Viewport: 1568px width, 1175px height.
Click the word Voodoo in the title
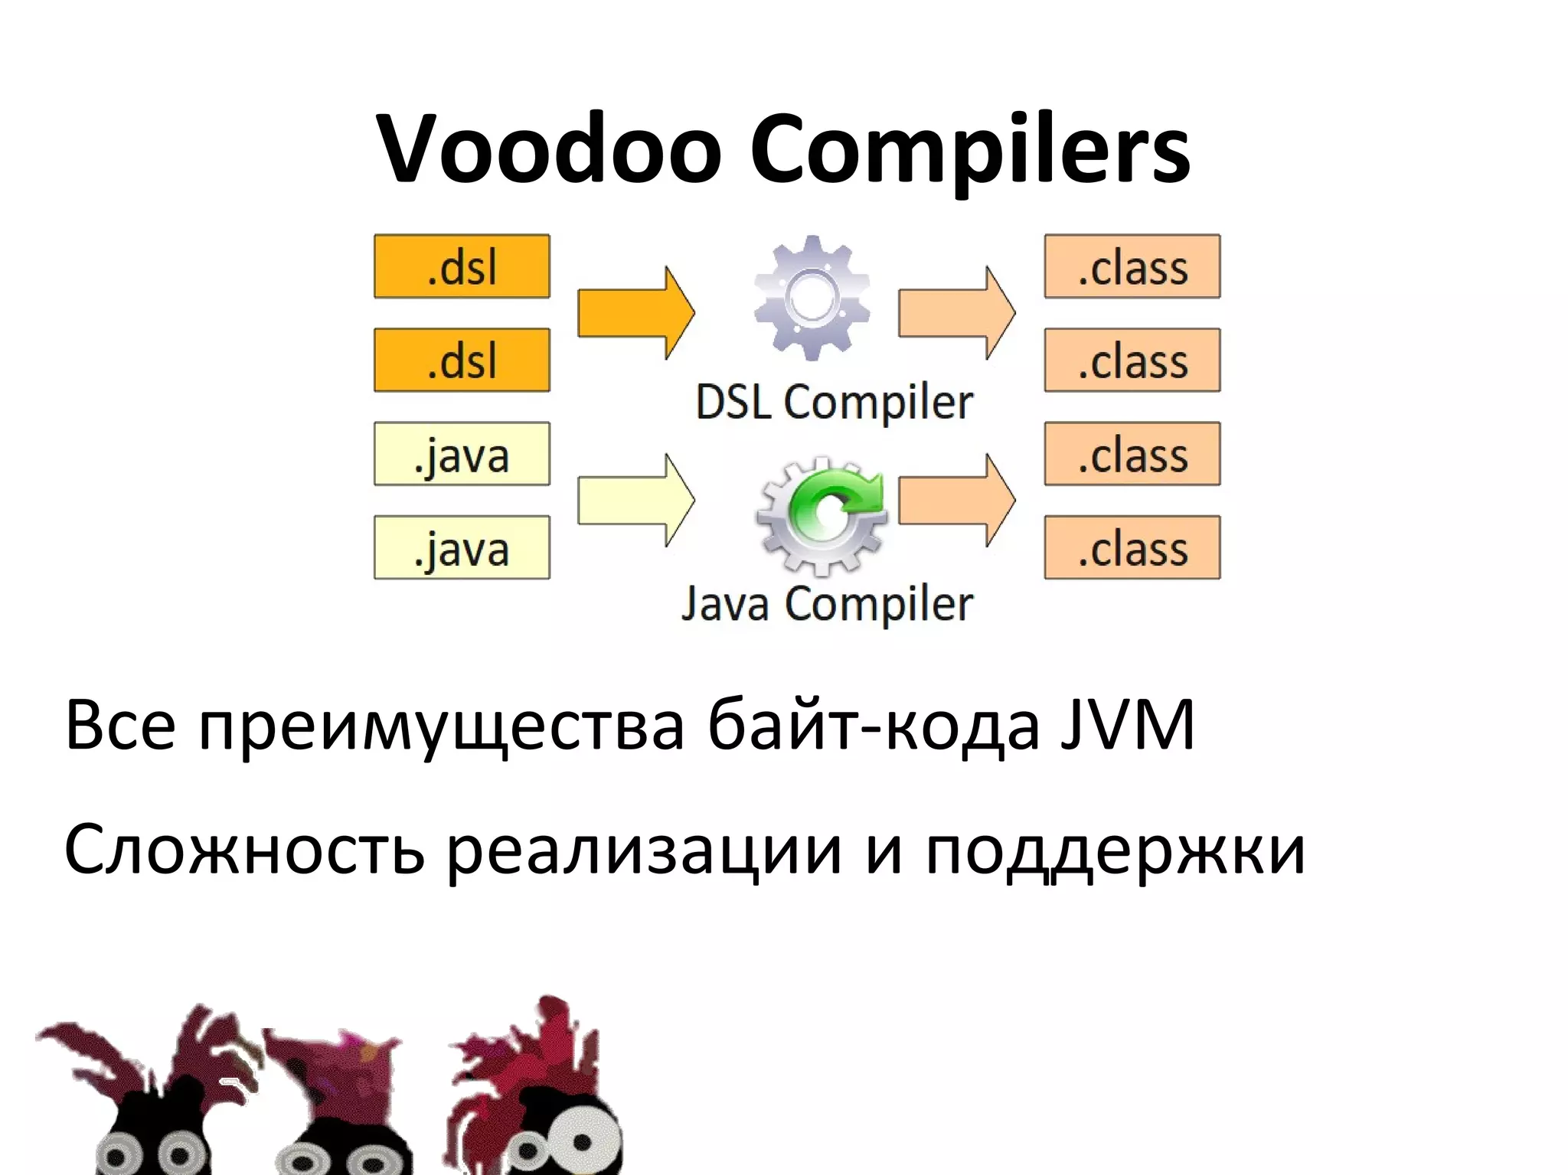[548, 149]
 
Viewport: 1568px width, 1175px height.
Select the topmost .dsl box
[462, 266]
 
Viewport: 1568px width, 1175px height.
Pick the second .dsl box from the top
[462, 361]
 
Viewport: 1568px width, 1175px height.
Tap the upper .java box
[462, 454]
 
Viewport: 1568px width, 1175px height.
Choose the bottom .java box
[462, 547]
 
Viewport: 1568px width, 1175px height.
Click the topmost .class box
[1132, 266]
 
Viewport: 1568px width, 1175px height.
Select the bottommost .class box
[1132, 547]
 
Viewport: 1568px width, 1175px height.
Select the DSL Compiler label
[834, 403]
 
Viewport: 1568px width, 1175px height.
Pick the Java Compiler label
[827, 604]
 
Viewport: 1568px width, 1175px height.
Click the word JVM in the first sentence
[1127, 724]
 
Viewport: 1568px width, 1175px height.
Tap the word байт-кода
[873, 724]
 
